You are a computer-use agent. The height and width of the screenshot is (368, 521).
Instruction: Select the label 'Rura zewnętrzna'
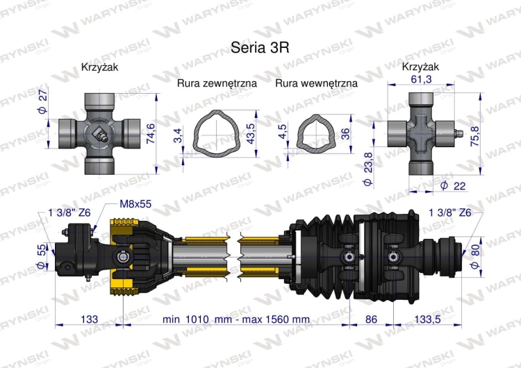point(217,83)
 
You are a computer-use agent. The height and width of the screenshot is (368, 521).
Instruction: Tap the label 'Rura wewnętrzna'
point(316,83)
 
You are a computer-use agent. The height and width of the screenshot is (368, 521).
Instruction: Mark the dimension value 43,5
point(250,129)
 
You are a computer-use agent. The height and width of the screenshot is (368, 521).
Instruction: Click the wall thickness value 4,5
point(281,132)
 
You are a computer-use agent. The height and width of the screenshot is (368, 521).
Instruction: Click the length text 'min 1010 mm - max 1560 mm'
point(236,319)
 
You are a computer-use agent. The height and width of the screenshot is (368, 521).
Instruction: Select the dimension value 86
point(372,319)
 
